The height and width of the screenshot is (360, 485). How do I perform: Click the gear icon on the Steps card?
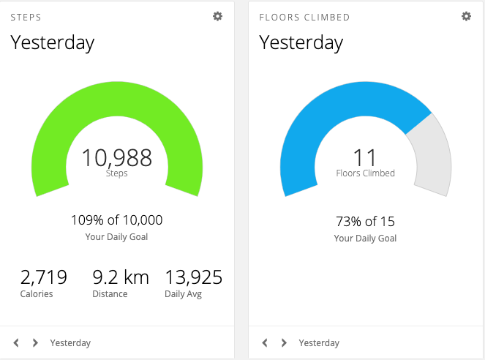click(217, 16)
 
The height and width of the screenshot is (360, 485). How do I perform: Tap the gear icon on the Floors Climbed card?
click(466, 16)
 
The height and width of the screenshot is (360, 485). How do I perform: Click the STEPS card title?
click(26, 17)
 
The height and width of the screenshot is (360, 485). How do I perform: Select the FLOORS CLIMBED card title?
click(304, 17)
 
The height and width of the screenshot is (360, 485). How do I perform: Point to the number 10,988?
click(116, 157)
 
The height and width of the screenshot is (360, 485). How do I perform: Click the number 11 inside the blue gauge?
click(365, 157)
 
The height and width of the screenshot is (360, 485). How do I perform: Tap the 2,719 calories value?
click(44, 277)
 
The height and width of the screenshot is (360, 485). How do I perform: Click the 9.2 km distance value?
click(121, 277)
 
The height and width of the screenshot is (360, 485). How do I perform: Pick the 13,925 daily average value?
click(194, 277)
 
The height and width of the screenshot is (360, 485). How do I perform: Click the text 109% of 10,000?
click(116, 220)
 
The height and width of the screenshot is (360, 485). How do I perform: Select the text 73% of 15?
click(365, 222)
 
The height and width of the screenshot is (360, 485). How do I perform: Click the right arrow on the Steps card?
click(35, 342)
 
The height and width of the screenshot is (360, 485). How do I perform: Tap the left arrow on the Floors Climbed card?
click(265, 342)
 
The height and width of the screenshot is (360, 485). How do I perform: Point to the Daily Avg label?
click(184, 294)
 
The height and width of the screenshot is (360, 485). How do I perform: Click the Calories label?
click(37, 294)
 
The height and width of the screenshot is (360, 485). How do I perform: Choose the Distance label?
click(110, 294)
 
